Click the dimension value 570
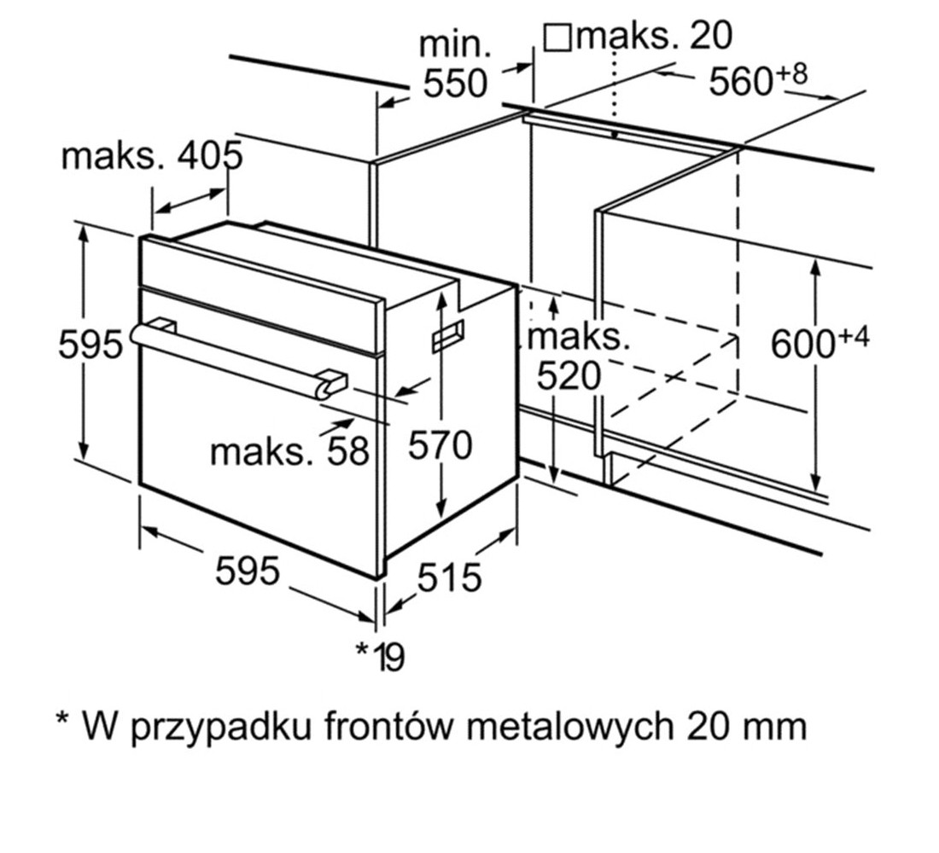pyautogui.click(x=440, y=445)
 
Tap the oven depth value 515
pyautogui.click(x=449, y=577)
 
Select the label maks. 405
pyautogui.click(x=152, y=155)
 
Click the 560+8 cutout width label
pyautogui.click(x=758, y=79)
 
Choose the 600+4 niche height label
pyautogui.click(x=819, y=343)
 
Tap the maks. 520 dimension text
pyautogui.click(x=578, y=357)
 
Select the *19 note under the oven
pyautogui.click(x=380, y=656)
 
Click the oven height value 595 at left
pyautogui.click(x=90, y=345)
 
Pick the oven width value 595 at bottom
pyautogui.click(x=248, y=570)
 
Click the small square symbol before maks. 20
pyautogui.click(x=557, y=38)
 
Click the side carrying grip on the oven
pyautogui.click(x=448, y=335)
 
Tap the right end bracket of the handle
pyautogui.click(x=330, y=383)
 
